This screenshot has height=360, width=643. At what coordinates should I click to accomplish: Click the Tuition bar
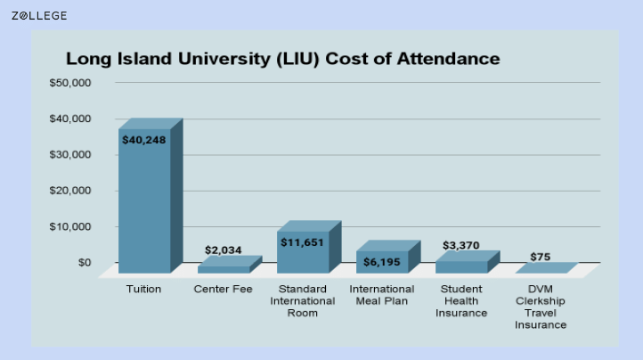tap(144, 205)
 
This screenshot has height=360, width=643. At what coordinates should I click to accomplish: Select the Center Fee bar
tap(224, 268)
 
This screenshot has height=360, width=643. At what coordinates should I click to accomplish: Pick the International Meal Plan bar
tap(382, 261)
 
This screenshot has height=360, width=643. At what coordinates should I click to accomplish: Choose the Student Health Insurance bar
tap(461, 266)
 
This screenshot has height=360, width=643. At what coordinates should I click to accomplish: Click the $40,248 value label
tap(144, 140)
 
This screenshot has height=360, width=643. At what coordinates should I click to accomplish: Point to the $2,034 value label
tap(224, 250)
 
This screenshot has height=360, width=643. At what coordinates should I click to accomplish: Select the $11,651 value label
tap(303, 241)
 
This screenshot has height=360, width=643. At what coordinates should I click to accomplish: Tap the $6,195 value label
tap(382, 261)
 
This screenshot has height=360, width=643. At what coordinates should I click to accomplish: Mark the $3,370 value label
tap(461, 245)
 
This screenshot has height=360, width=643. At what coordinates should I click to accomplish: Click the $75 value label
tap(541, 257)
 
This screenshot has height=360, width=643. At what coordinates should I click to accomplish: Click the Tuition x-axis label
tap(144, 289)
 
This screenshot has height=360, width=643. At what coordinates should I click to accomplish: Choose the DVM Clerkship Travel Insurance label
tap(541, 307)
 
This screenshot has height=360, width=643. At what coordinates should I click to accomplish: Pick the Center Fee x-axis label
tap(224, 289)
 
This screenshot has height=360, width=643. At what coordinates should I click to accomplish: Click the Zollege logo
tap(38, 15)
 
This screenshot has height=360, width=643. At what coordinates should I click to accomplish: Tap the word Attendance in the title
tap(444, 60)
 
